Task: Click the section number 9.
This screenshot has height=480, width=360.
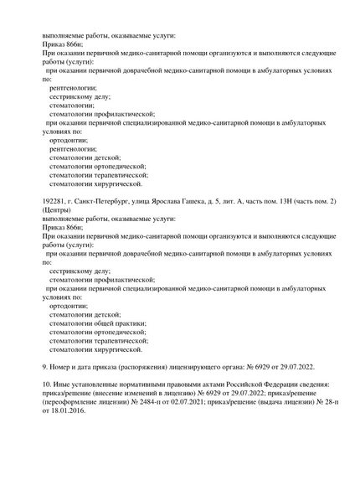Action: (45, 367)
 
